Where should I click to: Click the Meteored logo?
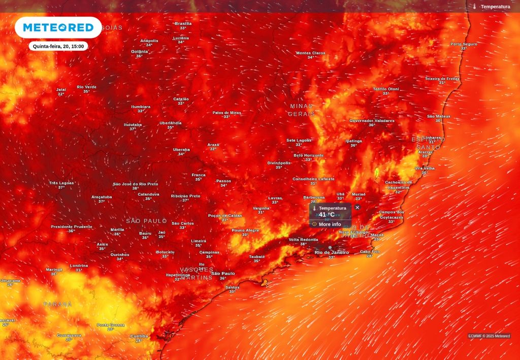click(x=58, y=27)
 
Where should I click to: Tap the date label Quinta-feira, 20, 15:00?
click(x=58, y=46)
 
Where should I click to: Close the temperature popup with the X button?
click(x=357, y=207)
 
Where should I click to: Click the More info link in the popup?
click(x=330, y=224)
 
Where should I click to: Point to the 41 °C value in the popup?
click(x=327, y=215)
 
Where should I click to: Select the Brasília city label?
click(x=183, y=23)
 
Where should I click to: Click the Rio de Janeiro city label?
click(x=332, y=252)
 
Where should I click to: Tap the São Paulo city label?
click(x=223, y=274)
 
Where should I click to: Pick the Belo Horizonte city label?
click(x=308, y=155)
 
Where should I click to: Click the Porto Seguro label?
click(x=464, y=44)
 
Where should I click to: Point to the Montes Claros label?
click(x=310, y=53)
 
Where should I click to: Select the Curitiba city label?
click(x=139, y=336)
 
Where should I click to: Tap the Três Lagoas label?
click(x=61, y=183)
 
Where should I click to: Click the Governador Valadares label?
click(x=372, y=121)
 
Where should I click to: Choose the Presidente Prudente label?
click(x=72, y=226)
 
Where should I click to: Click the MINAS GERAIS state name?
click(x=302, y=110)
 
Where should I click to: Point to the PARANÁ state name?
click(x=57, y=304)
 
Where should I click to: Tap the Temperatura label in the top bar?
click(x=495, y=7)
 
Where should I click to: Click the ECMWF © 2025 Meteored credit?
click(x=489, y=336)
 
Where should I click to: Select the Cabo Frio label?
click(x=370, y=251)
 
